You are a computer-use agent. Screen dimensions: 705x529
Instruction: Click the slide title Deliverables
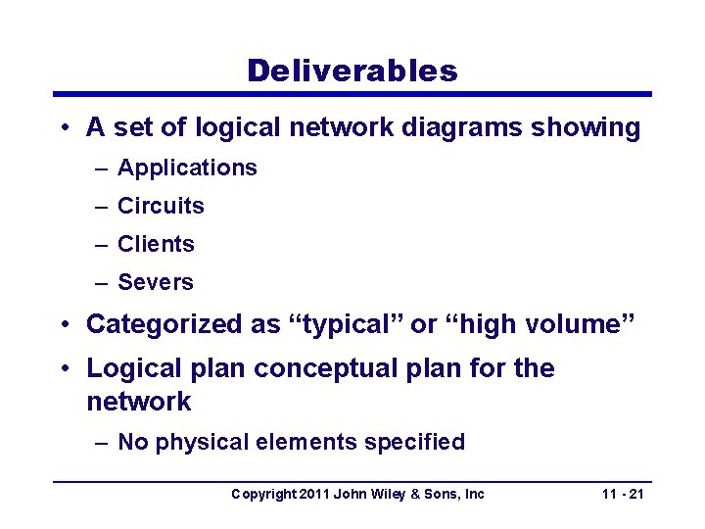pyautogui.click(x=352, y=71)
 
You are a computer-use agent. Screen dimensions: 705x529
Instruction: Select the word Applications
pyautogui.click(x=187, y=168)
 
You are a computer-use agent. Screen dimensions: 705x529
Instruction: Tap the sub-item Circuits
pyautogui.click(x=161, y=206)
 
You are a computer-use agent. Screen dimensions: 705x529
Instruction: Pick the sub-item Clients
pyautogui.click(x=156, y=244)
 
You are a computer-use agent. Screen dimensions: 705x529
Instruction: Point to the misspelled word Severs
pyautogui.click(x=156, y=282)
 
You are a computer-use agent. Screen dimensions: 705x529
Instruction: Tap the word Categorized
pyautogui.click(x=168, y=324)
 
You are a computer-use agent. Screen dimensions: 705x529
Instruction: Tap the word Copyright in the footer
pyautogui.click(x=261, y=494)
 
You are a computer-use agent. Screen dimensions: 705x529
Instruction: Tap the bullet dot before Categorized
pyautogui.click(x=63, y=324)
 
